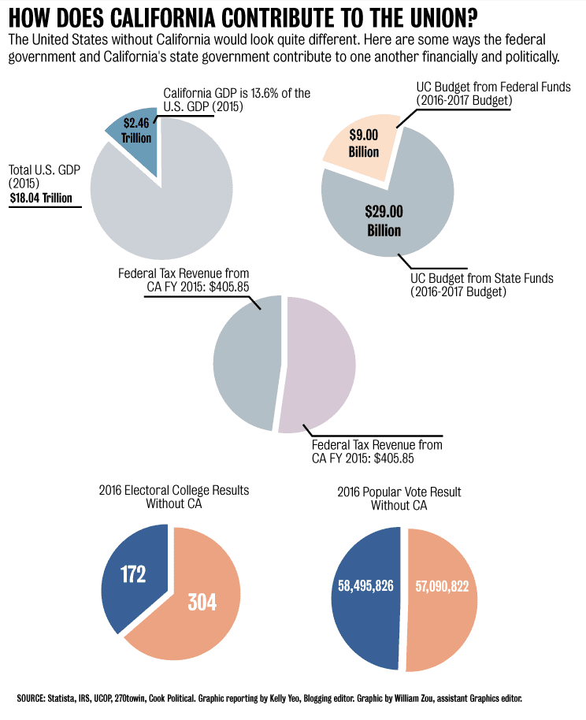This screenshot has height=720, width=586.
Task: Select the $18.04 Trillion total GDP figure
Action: point(45,199)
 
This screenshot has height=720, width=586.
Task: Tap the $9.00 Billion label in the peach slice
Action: point(364,143)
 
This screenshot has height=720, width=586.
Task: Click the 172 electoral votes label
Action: point(133,574)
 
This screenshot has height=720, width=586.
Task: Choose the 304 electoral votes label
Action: point(202,602)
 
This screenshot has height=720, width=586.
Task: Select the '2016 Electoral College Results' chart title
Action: point(174,490)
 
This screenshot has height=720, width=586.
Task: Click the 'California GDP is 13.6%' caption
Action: point(236,93)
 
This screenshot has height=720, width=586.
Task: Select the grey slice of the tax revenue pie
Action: point(244,362)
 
